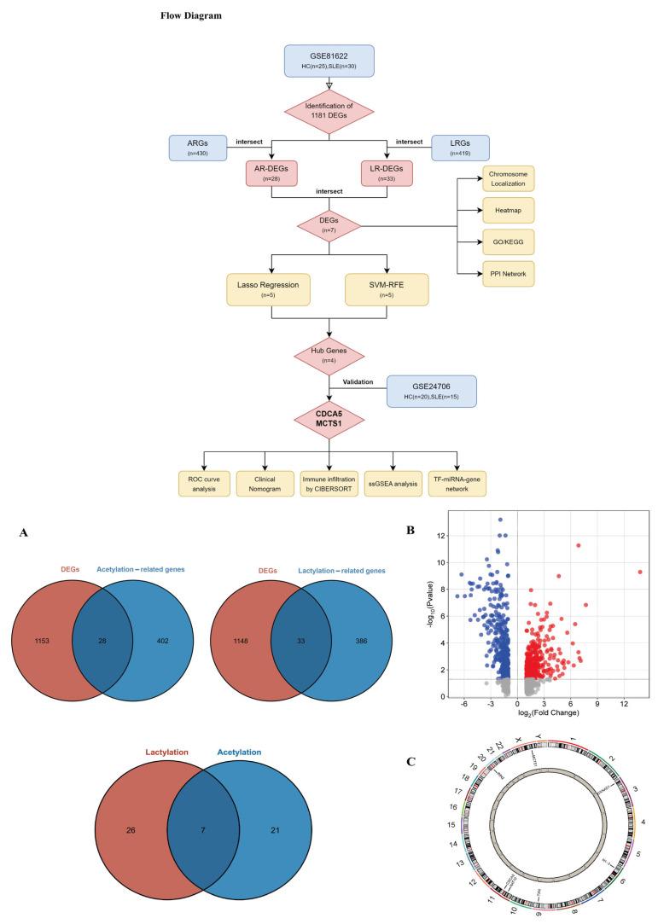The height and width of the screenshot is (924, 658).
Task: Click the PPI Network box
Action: [510, 273]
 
